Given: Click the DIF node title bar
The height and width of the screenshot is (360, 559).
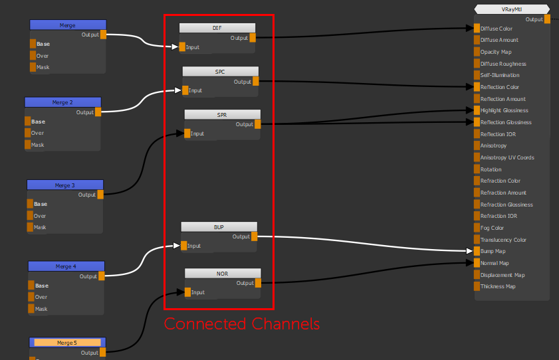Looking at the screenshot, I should (217, 28).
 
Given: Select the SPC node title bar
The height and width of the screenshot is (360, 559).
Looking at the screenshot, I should (220, 71).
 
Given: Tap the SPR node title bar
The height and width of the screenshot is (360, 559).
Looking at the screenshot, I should (222, 115).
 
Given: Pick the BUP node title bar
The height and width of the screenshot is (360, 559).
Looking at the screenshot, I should (219, 226).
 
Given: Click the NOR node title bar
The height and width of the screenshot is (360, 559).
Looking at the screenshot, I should (223, 273).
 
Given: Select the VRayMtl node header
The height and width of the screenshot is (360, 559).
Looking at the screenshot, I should (511, 9).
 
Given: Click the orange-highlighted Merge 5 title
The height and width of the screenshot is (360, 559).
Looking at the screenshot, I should (66, 343).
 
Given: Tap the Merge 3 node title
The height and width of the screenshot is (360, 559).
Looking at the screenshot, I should (64, 185).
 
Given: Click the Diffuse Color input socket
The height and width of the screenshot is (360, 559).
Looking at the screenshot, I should (477, 29).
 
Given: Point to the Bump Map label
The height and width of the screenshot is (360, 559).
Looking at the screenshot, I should (493, 251).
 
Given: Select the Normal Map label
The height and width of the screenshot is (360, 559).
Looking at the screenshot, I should (494, 263).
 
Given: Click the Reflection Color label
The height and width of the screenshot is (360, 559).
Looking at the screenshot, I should (500, 87).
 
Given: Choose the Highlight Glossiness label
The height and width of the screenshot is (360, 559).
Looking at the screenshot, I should (504, 110).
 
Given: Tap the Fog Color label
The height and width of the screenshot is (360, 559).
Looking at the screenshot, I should (492, 228).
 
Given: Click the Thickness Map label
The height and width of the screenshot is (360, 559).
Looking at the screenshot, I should (498, 286).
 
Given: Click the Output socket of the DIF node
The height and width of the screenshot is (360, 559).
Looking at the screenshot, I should (253, 38).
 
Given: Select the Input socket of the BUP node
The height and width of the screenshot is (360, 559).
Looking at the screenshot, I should (183, 246).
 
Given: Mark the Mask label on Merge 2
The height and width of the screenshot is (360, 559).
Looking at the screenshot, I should (38, 145).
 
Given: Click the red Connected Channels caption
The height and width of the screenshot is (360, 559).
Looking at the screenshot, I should (242, 324).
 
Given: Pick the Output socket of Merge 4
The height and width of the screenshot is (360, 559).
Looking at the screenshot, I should (101, 276).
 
